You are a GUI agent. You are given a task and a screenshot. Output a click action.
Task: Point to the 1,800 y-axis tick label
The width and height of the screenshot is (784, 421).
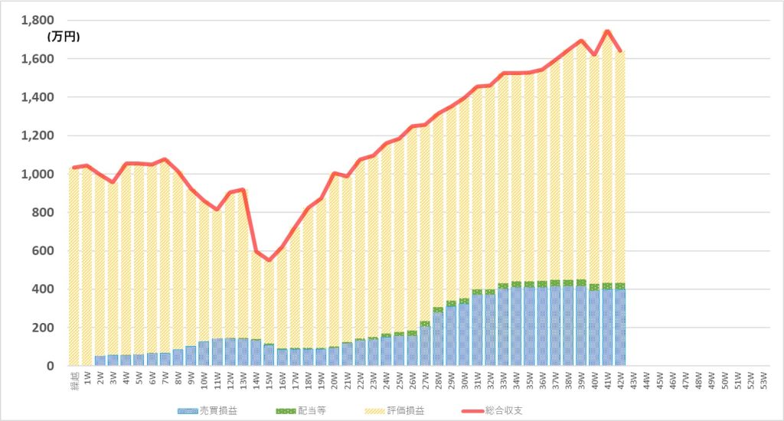coord(37,21)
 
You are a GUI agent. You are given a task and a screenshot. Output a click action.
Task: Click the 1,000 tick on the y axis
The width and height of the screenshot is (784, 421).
coord(37,175)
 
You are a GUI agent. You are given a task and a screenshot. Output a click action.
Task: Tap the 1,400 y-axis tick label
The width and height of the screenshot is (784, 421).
coord(37,98)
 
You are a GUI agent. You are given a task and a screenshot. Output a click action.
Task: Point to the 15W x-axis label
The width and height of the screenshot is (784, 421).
coord(269,380)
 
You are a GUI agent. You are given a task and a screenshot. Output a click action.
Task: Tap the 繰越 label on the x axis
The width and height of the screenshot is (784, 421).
coord(74,380)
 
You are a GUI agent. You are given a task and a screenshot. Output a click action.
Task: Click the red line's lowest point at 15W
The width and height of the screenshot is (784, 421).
coord(269,259)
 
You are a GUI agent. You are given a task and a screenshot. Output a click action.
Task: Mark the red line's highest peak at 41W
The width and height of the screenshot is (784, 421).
coord(607,31)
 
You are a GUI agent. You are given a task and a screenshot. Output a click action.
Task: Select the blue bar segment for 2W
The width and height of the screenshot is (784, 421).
coord(100,361)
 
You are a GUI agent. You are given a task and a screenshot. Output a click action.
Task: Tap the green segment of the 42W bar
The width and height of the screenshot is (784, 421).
coord(620,286)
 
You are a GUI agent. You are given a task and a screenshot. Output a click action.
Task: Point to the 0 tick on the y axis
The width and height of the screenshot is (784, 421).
coord(51,366)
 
